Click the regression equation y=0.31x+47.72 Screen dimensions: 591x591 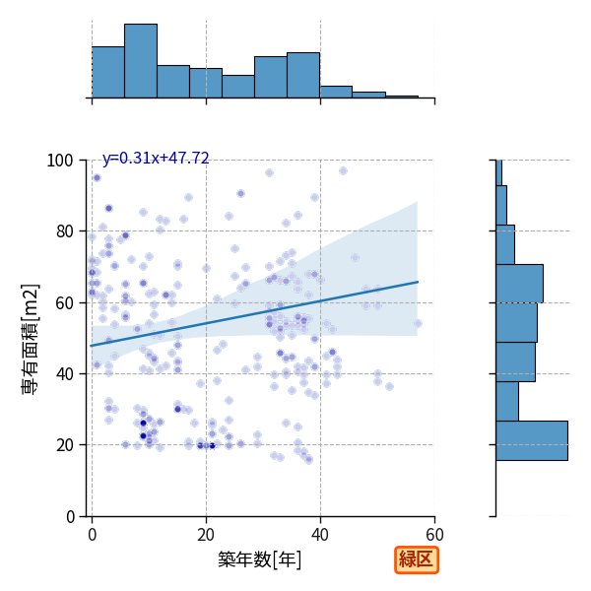coord(156,158)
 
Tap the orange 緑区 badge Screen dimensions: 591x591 coord(417,560)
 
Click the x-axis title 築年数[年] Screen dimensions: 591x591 coord(260,559)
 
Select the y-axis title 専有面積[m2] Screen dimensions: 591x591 coord(31,339)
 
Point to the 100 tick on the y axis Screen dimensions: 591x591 coord(59,161)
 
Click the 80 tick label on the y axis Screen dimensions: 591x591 coord(64,231)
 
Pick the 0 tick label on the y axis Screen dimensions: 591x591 coord(70,516)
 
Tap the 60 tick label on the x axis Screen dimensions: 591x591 coord(434,535)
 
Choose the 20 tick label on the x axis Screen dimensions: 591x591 coord(206,535)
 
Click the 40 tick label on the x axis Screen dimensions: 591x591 coord(320,535)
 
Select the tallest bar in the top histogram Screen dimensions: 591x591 coord(141,61)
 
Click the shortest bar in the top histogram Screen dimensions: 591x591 coord(402,97)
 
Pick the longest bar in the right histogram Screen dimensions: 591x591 coord(532,440)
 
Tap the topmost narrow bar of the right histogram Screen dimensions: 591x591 coord(499,172)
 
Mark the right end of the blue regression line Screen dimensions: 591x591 coord(418,282)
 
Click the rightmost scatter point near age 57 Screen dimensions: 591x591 coord(418,323)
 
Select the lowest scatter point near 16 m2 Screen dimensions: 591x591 coord(309,459)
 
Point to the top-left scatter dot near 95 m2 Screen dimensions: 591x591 coord(98,177)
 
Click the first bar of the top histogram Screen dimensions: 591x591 coord(108,72)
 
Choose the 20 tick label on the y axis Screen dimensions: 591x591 coord(64,445)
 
